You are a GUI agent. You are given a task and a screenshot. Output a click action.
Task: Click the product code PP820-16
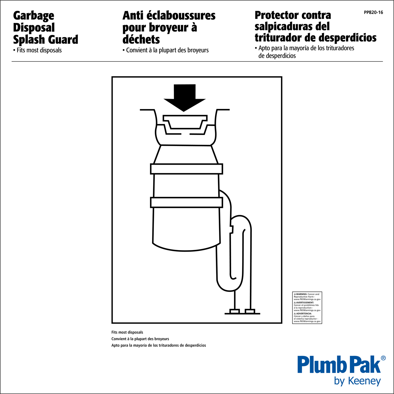(373, 12)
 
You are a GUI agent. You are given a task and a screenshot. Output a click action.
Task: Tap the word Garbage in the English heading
(34, 16)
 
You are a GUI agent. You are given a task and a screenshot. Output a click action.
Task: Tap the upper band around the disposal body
(186, 169)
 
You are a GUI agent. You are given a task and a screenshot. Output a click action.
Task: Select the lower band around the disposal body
(186, 202)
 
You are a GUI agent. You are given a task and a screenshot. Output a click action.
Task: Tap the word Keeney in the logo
(364, 381)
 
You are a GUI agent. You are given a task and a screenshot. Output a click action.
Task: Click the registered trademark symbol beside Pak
(383, 358)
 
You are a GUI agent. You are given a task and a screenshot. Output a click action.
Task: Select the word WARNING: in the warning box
(302, 294)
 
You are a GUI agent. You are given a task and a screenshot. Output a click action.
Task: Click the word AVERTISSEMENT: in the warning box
(305, 303)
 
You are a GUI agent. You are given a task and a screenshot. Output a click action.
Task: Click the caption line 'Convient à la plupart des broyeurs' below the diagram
(140, 339)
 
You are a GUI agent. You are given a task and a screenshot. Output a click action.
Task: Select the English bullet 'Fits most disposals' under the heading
(38, 50)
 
